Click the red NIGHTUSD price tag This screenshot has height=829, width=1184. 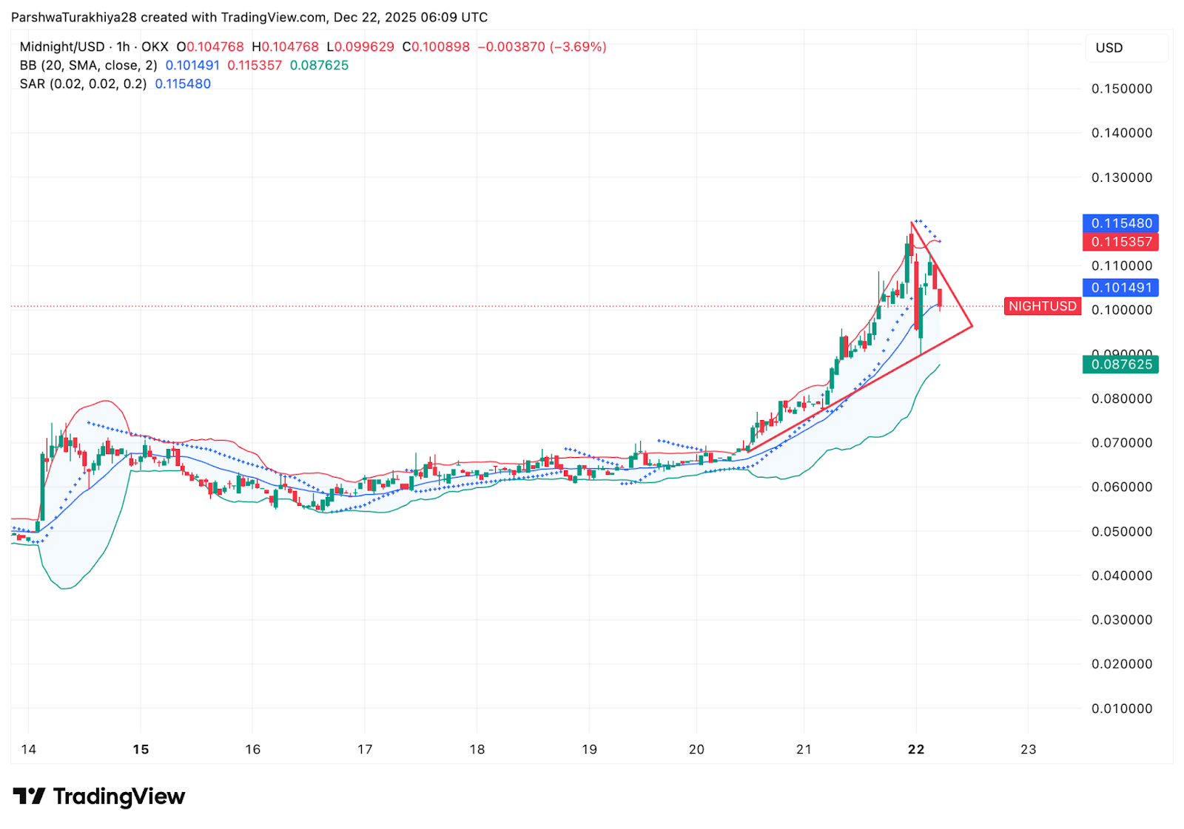(1042, 306)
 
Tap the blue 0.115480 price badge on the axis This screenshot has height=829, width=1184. (1121, 223)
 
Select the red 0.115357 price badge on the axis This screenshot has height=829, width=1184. (1121, 242)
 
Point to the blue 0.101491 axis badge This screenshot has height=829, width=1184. (1121, 288)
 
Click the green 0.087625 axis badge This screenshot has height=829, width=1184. (1121, 365)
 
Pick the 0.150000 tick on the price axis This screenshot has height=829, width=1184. (1122, 89)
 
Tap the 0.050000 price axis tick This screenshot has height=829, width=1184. (1122, 532)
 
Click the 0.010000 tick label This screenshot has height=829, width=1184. (1122, 708)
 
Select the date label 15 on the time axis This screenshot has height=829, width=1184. (141, 750)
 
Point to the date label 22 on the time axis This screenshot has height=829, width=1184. (916, 750)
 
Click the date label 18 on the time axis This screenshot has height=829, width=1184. (477, 750)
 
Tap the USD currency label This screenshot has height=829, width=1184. (1109, 48)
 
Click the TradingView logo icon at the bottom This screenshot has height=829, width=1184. (30, 796)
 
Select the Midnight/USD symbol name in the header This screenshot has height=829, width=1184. (62, 47)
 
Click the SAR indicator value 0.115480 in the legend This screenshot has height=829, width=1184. (183, 84)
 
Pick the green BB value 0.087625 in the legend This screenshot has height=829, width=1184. (319, 66)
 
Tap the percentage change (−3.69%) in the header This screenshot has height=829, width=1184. (578, 47)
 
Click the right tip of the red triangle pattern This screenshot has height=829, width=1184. (972, 326)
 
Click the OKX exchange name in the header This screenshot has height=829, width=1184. (155, 47)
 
